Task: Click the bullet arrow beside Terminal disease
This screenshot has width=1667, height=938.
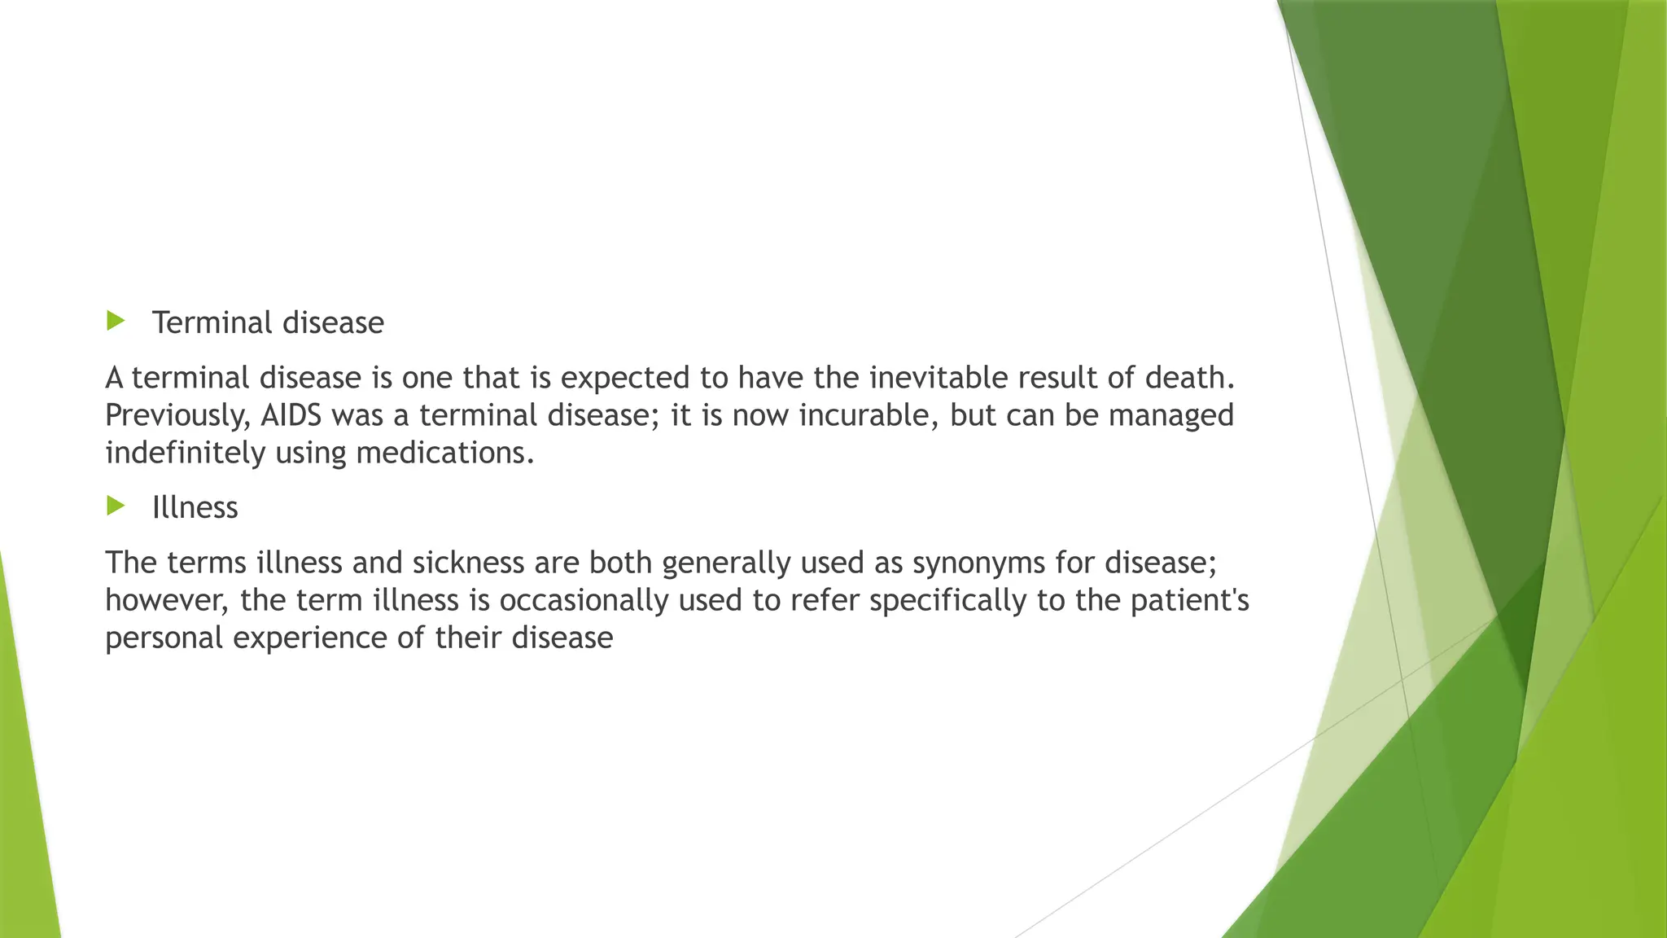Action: click(116, 321)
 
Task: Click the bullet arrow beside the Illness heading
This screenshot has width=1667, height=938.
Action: click(116, 506)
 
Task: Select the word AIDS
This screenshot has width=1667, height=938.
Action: click(291, 415)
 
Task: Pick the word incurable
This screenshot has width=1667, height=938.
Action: click(864, 415)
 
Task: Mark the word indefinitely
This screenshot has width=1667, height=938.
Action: click(186, 453)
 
